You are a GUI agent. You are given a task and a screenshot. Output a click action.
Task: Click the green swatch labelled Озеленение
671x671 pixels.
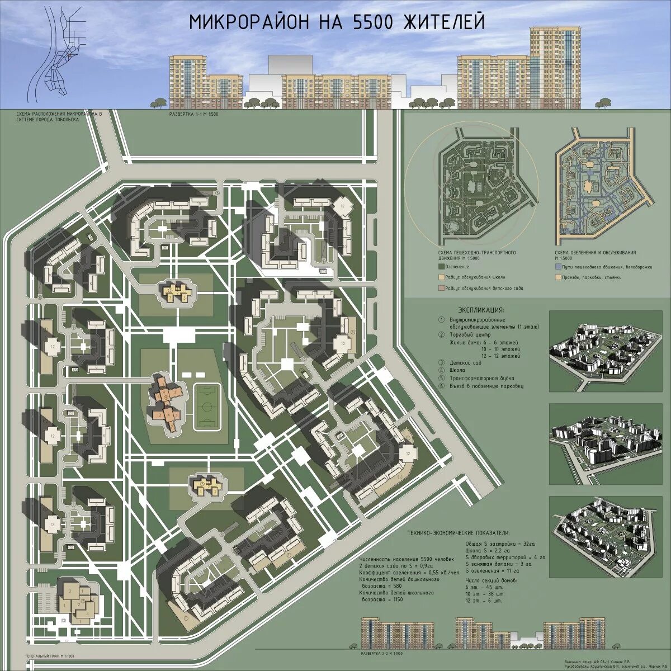click(441, 267)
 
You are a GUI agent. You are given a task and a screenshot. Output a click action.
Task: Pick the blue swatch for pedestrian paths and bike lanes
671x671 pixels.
click(557, 267)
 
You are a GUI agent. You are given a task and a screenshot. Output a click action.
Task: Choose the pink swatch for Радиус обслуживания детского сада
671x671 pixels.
click(441, 288)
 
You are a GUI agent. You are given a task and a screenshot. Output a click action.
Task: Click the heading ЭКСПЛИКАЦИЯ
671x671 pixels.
click(481, 309)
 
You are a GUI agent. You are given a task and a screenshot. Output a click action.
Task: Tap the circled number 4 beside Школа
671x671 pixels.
click(441, 370)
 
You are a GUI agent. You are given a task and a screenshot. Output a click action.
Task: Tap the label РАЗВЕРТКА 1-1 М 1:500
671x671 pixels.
click(193, 114)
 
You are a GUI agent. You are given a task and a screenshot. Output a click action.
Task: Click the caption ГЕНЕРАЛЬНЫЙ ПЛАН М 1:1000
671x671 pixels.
click(50, 656)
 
